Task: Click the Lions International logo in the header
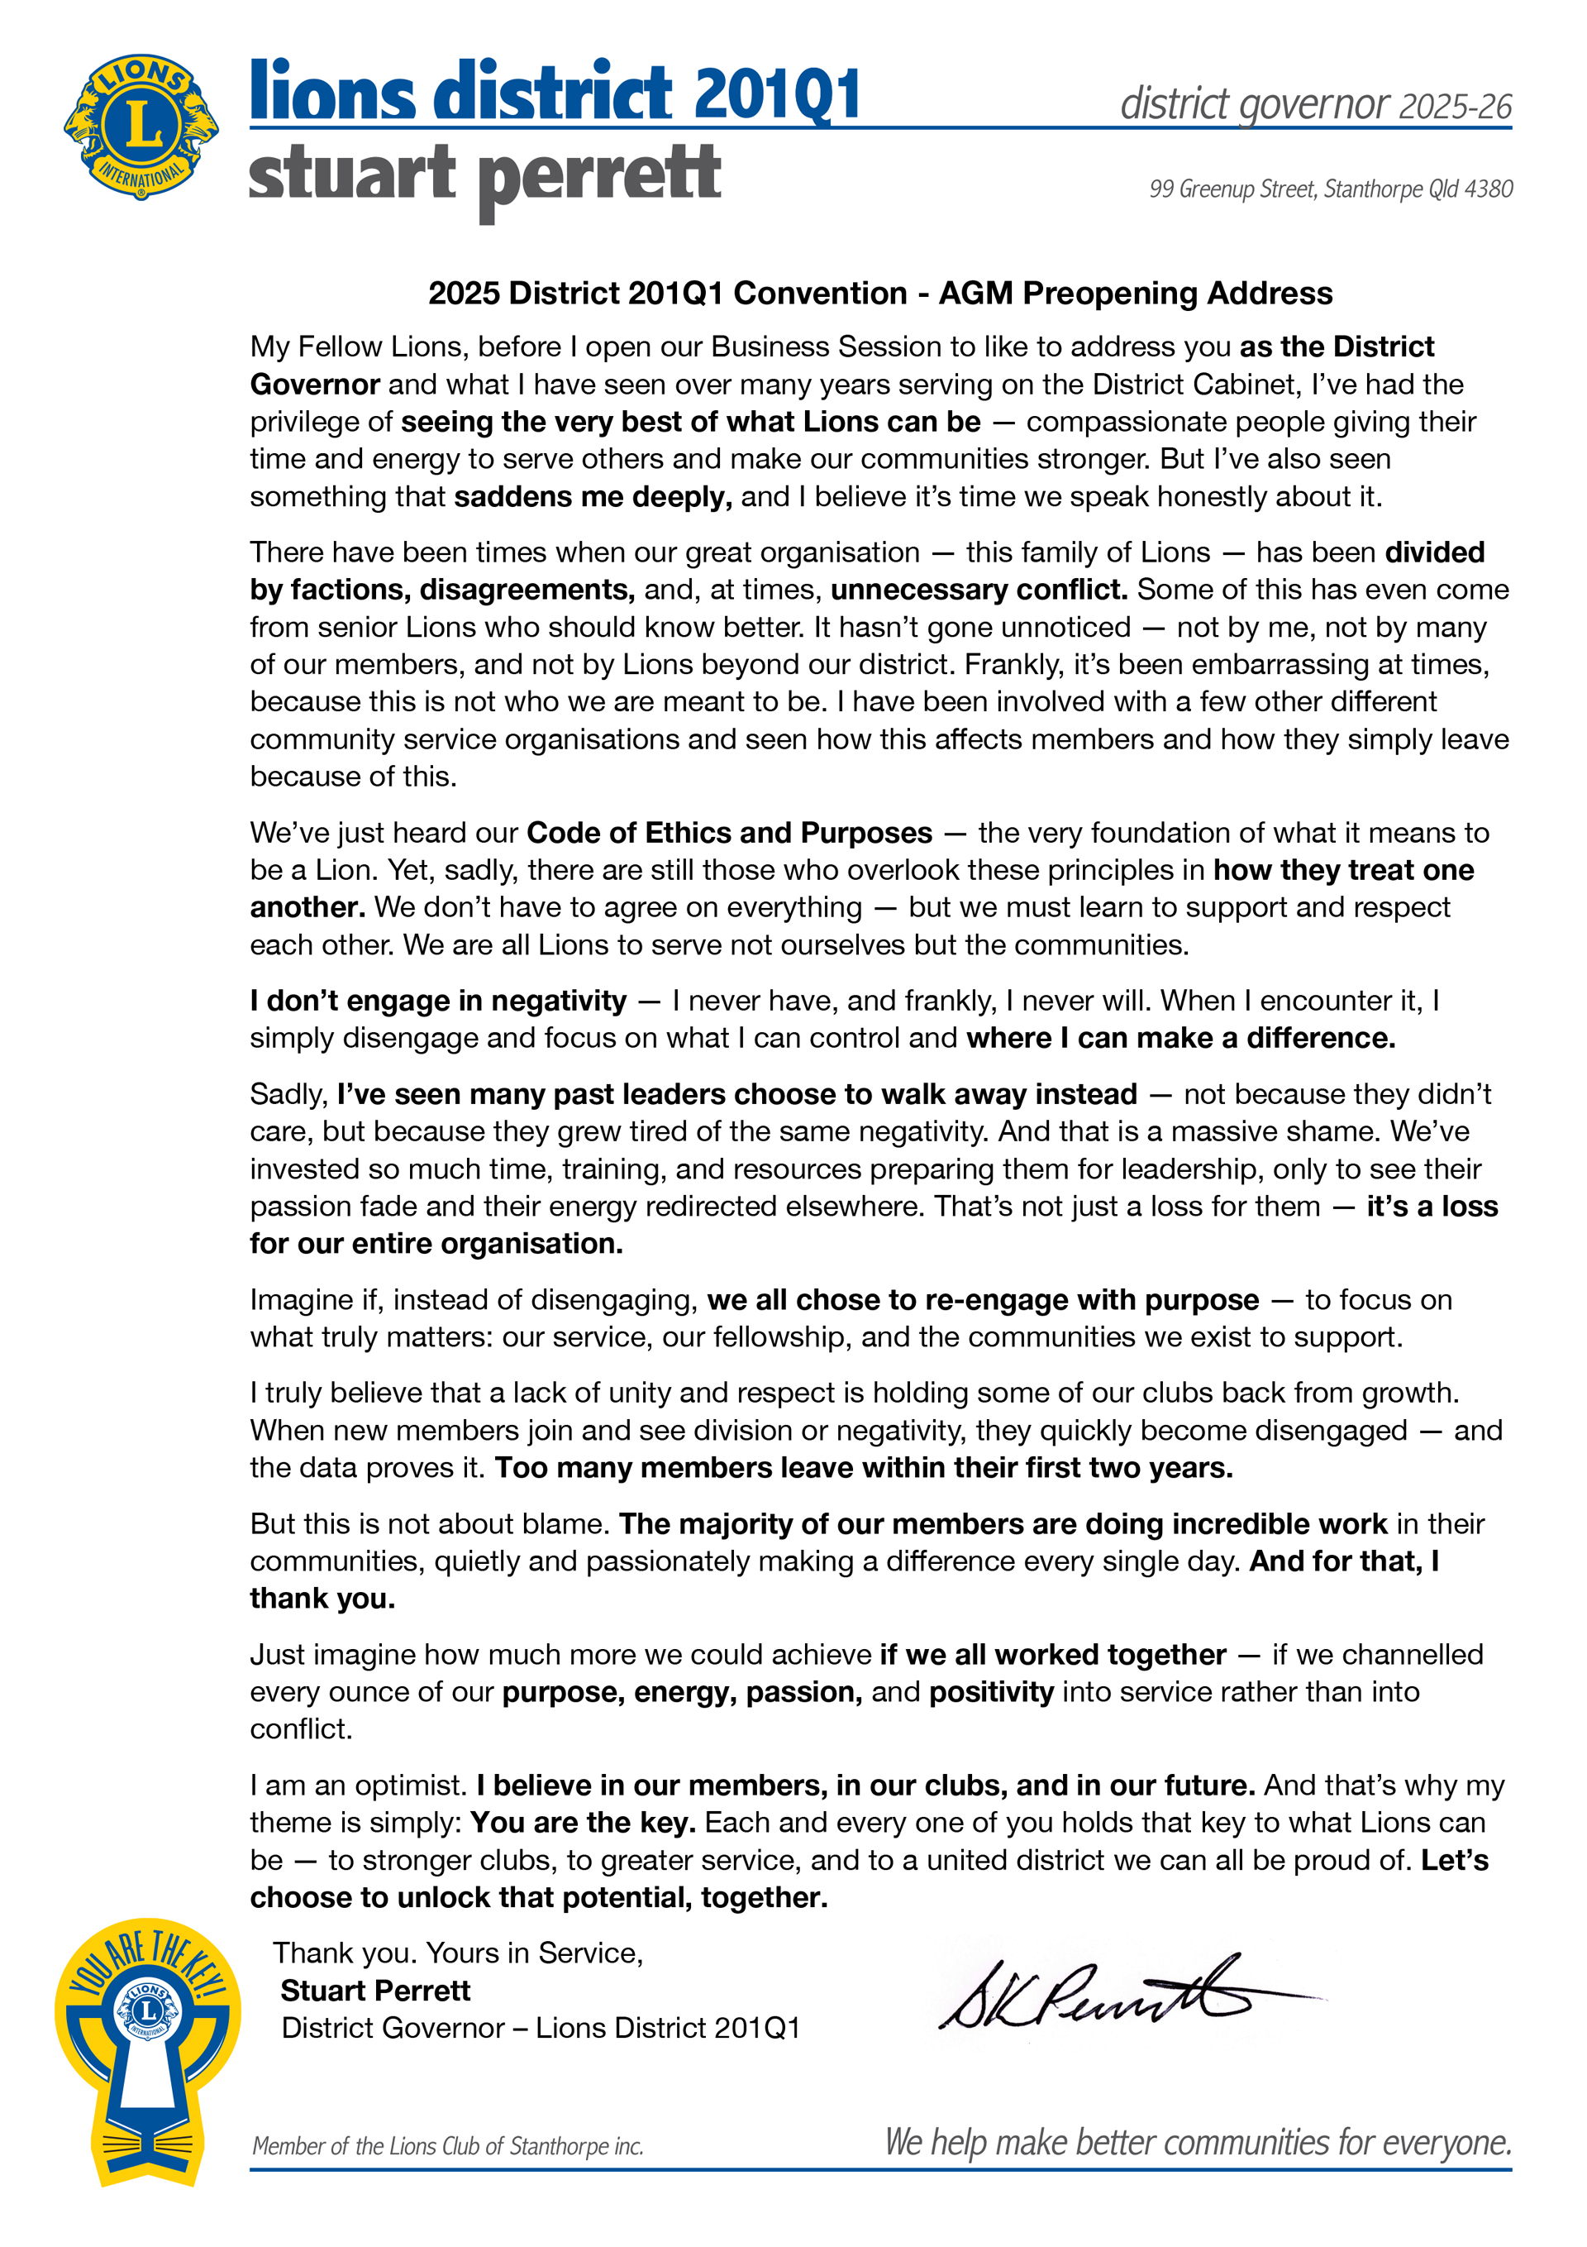tap(141, 127)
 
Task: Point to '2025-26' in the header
tap(1455, 107)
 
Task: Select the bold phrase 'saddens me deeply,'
tap(593, 497)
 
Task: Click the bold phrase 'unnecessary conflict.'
tap(979, 589)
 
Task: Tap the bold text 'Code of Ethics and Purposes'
tap(729, 833)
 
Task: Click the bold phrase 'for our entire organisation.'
tap(436, 1243)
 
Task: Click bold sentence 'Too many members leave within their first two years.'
tap(863, 1468)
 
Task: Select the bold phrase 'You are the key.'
tap(582, 1822)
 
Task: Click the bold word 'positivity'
tap(991, 1691)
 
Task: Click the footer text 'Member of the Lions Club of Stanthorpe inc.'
tap(447, 2146)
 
